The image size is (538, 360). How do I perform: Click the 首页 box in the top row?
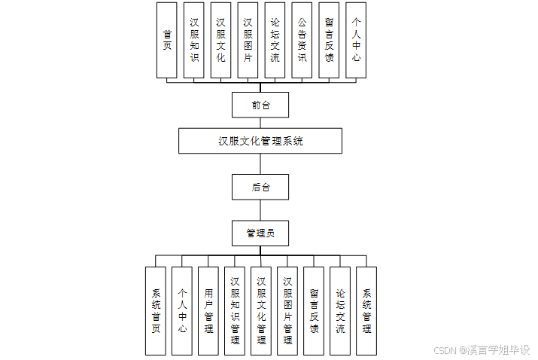[166, 40]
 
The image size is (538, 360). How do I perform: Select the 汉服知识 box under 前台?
[193, 40]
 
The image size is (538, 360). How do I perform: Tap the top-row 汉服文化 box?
[220, 40]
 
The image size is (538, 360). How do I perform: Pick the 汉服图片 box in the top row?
[248, 40]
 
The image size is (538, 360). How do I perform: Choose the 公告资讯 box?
[302, 40]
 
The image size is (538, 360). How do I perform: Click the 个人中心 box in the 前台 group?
[356, 40]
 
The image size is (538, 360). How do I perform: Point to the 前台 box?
[260, 105]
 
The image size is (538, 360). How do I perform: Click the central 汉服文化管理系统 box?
[260, 141]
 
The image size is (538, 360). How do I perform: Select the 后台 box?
[260, 187]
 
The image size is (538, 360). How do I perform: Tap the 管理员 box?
[260, 233]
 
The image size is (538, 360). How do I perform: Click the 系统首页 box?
[156, 310]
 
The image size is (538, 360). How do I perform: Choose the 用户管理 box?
[208, 310]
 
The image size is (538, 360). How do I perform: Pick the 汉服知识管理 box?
[235, 310]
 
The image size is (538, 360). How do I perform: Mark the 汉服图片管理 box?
[287, 310]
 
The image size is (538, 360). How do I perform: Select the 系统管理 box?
[366, 310]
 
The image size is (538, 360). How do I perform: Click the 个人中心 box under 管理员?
[182, 310]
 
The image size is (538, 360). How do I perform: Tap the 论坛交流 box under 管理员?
[340, 310]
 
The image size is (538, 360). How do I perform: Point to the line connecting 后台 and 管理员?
[260, 210]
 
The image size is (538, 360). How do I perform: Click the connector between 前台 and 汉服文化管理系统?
[260, 123]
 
